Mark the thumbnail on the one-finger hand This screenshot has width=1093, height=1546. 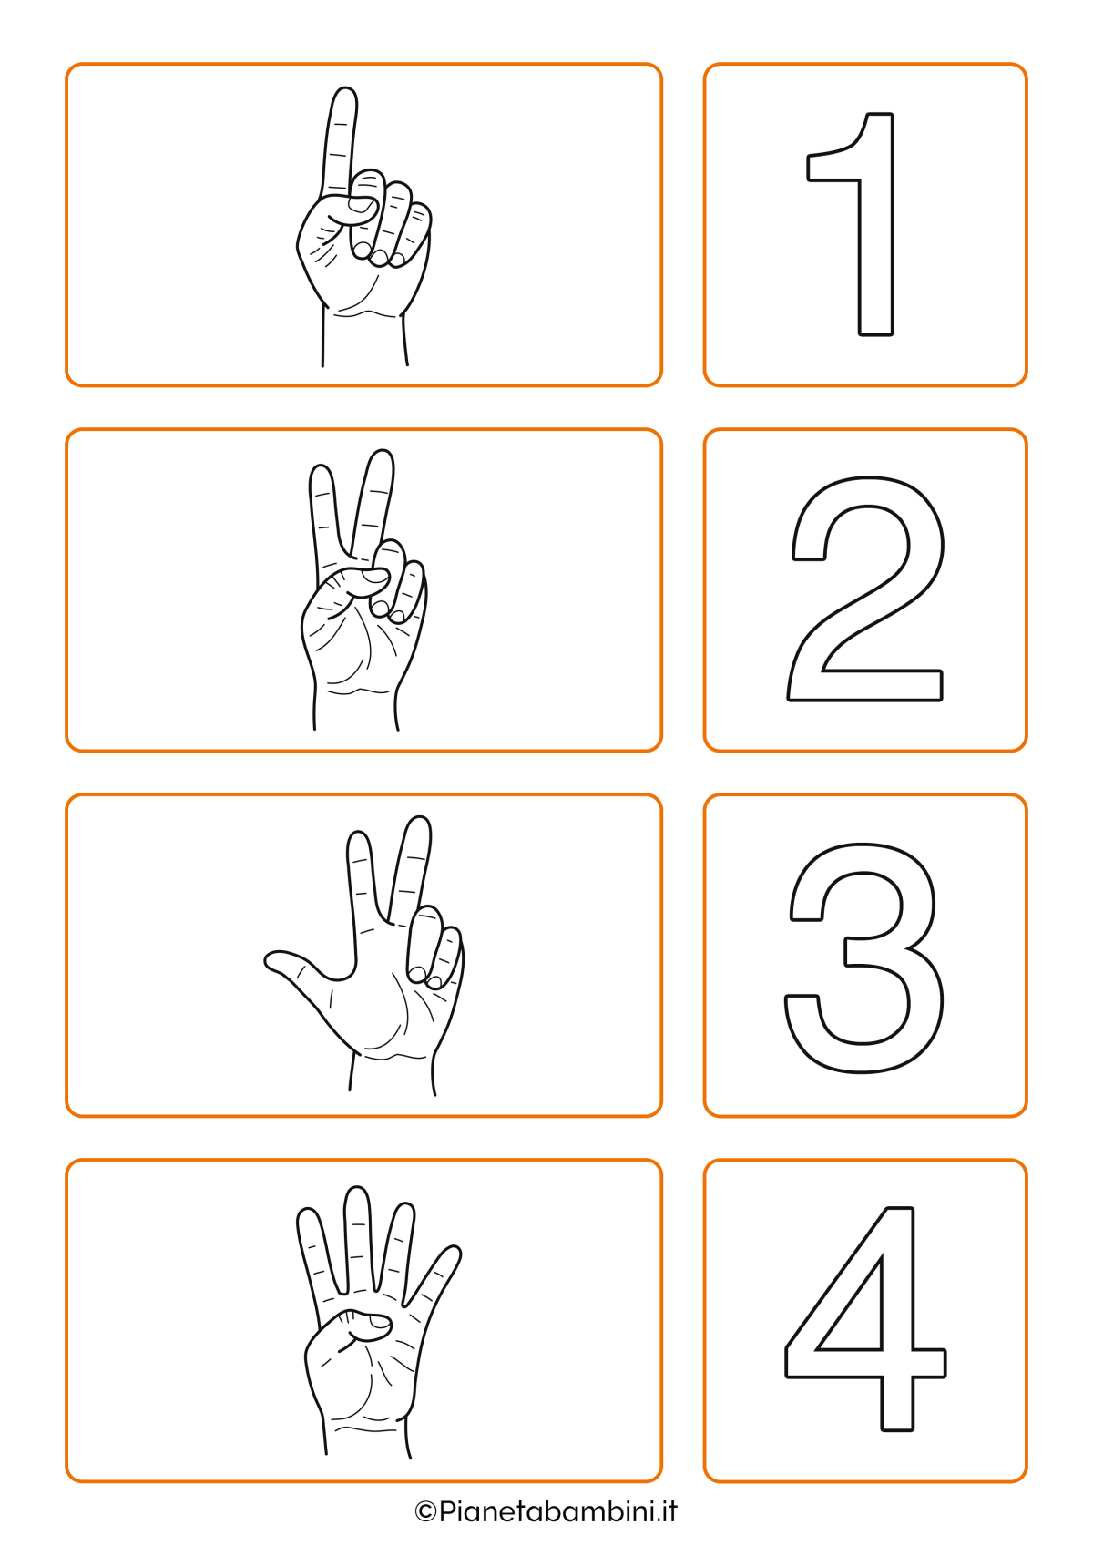[x=360, y=204]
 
